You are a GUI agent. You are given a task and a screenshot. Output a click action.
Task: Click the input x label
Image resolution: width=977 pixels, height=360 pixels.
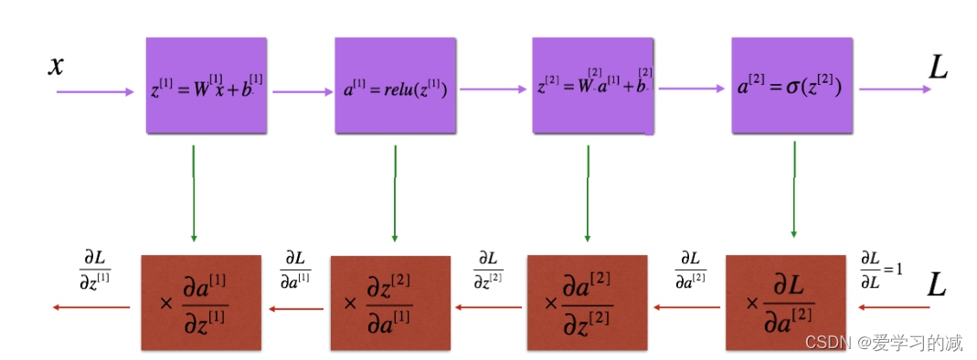57,66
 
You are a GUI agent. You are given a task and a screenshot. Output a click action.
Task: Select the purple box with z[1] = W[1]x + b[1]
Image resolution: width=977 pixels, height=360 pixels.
207,85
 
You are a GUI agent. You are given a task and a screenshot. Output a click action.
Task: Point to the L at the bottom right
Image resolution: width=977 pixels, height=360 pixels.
937,285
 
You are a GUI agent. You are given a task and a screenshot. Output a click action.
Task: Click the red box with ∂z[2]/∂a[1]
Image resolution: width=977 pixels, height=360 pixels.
390,302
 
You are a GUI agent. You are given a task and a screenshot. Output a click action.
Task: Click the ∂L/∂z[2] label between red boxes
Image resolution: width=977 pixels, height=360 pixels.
489,267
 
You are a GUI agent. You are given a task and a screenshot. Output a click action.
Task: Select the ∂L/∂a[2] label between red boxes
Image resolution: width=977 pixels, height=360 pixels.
690,267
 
